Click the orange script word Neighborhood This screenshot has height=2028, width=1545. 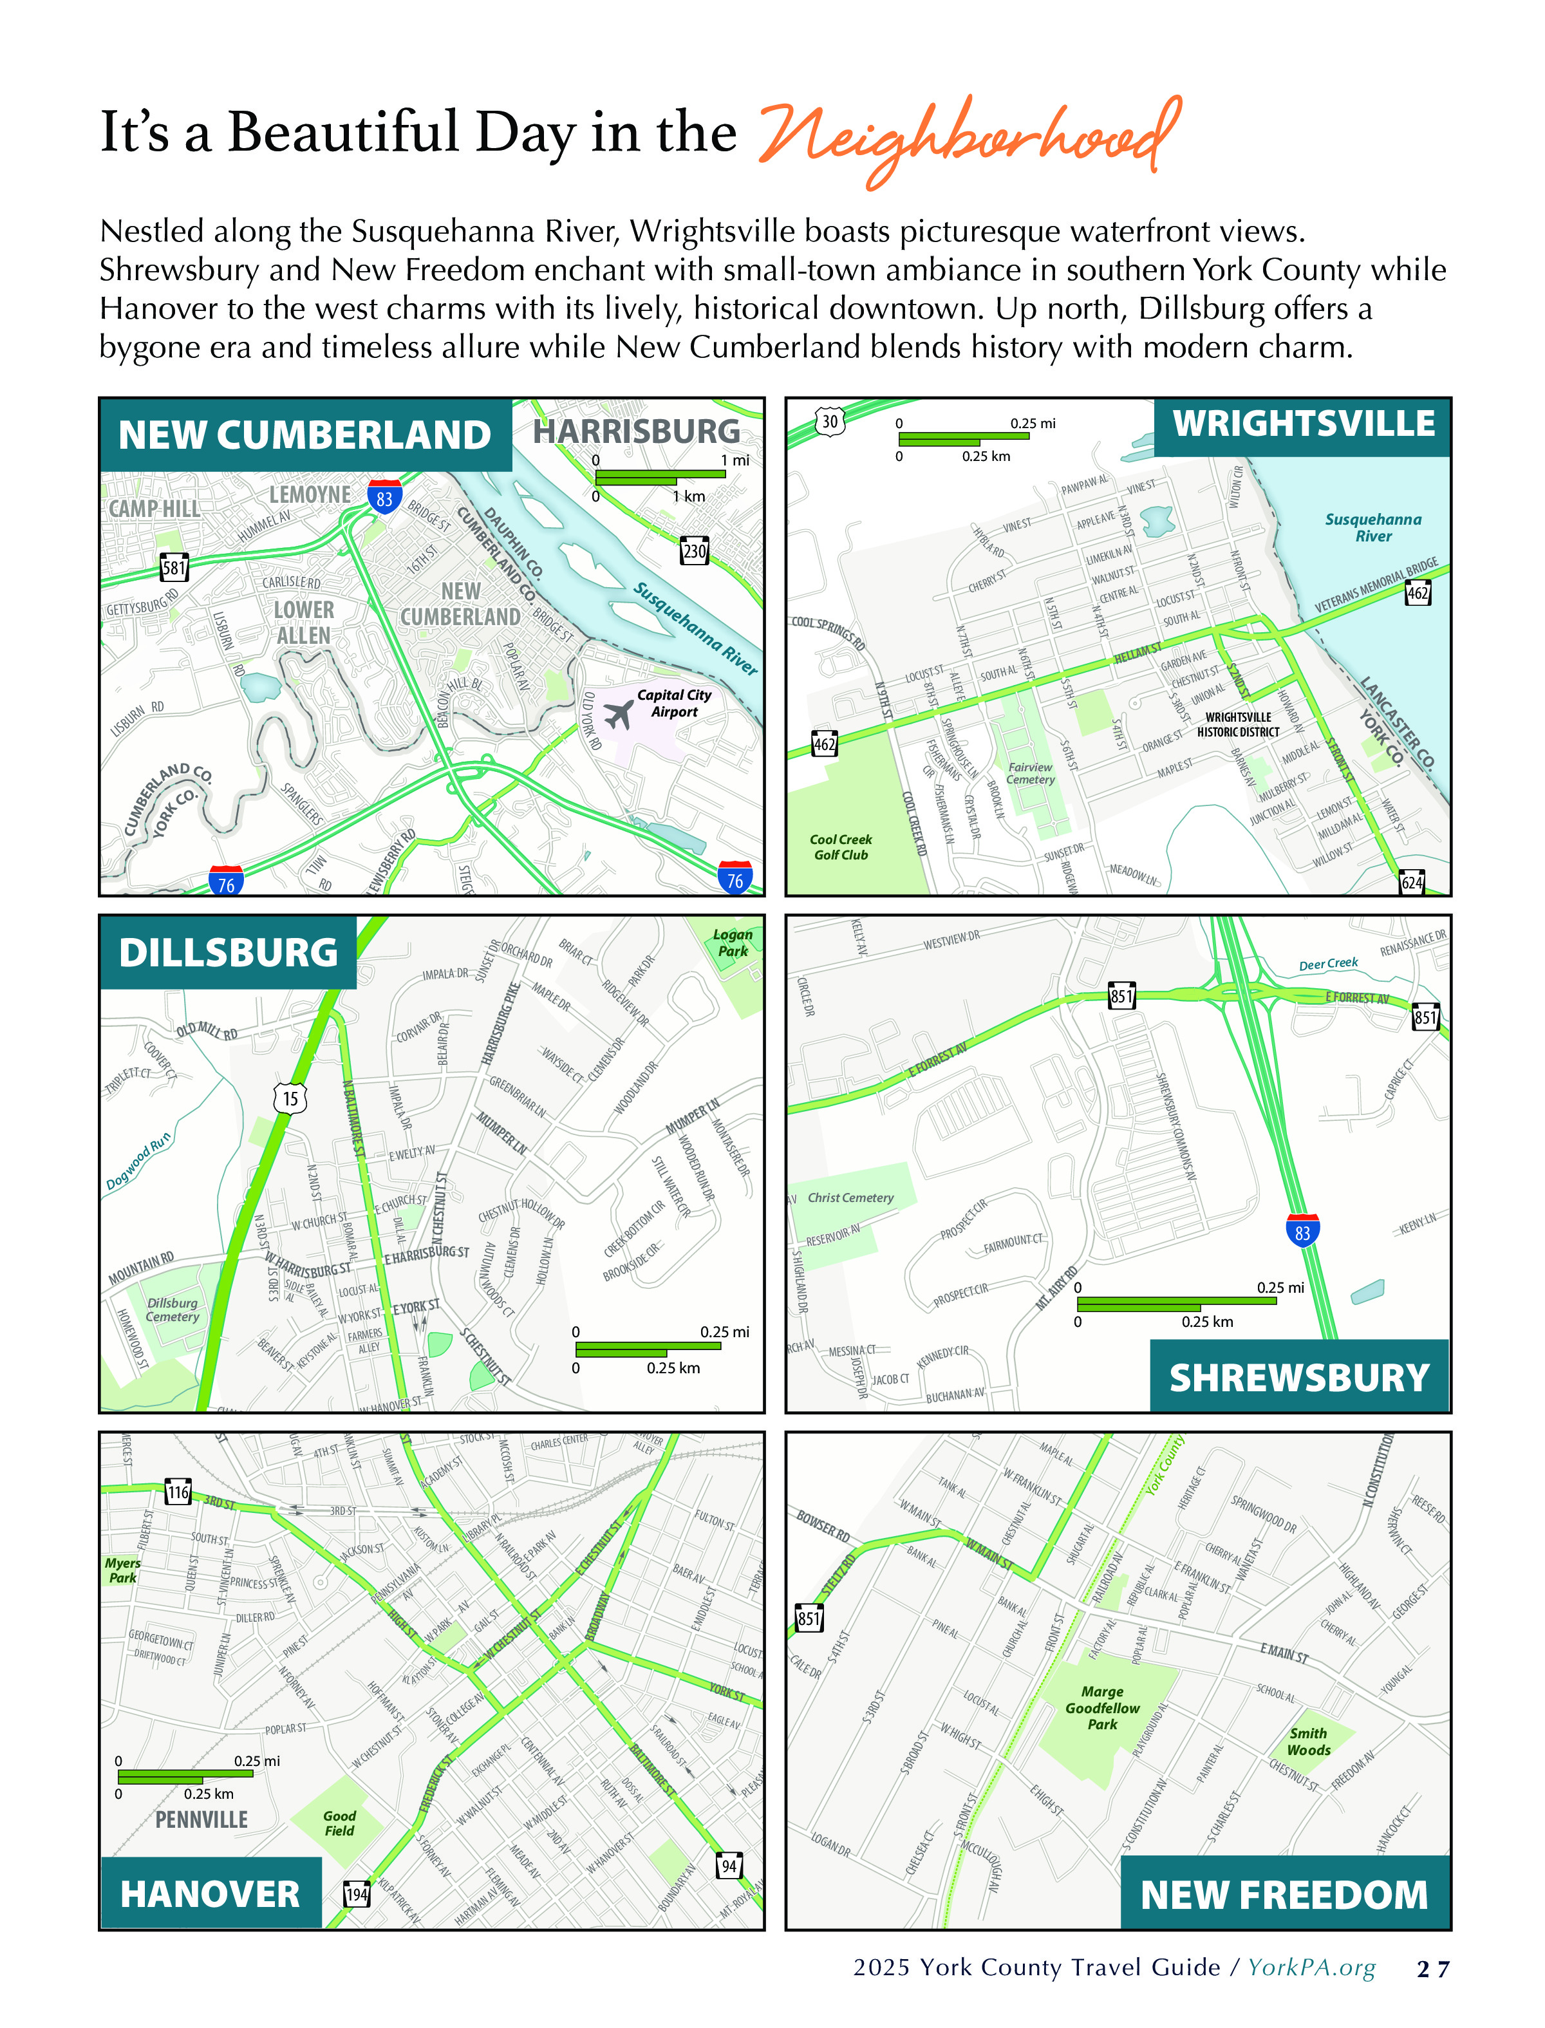[966, 138]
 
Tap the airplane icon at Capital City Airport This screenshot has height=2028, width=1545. [619, 713]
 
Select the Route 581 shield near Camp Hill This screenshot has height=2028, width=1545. [174, 567]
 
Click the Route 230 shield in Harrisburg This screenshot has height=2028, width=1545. [695, 551]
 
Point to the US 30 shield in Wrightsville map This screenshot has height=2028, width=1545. [830, 421]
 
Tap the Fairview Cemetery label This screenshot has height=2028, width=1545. [1030, 773]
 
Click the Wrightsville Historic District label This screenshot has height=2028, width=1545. [1238, 725]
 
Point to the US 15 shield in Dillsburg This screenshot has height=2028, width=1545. [290, 1098]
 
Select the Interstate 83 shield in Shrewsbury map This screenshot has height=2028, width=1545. [1302, 1232]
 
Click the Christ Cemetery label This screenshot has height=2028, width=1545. [850, 1197]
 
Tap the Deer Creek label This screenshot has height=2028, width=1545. [1328, 964]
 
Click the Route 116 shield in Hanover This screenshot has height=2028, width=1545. [178, 1492]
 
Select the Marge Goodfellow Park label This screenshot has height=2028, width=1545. [1101, 1708]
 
